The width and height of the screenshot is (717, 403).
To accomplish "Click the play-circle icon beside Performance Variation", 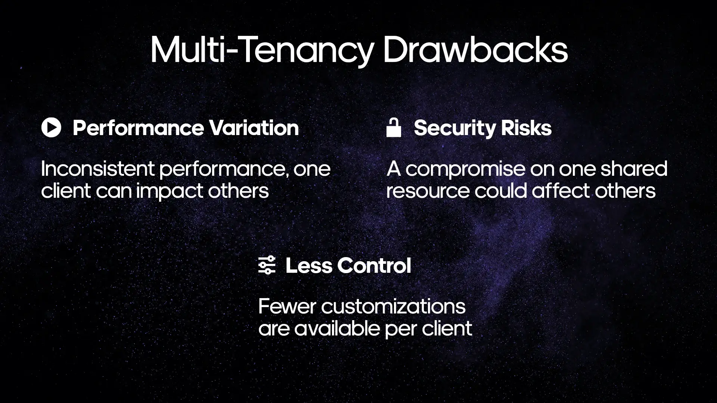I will coord(51,128).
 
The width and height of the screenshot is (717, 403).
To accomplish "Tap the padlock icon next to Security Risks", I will coord(394,128).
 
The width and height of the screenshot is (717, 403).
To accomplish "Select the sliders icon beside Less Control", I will coord(267,266).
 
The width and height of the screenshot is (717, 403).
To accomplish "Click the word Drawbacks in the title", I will coord(475,50).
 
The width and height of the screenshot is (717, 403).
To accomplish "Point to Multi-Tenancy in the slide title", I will coord(261,50).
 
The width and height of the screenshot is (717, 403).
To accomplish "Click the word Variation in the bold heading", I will coord(254,128).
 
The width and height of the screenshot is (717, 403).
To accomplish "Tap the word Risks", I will coord(526,128).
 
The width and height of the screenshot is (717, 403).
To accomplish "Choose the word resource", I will coord(428,191).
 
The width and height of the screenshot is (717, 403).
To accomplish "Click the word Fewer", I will coord(287,307).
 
